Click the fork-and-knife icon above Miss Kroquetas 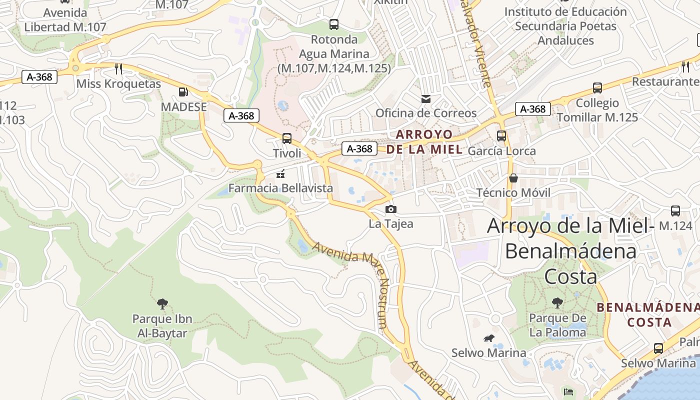click(x=118, y=68)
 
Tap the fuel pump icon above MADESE click(x=183, y=92)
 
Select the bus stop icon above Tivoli click(x=286, y=138)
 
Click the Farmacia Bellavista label click(x=280, y=188)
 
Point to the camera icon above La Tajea click(x=390, y=209)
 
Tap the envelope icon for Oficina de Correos click(x=426, y=98)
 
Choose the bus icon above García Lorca click(x=501, y=136)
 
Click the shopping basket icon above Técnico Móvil click(x=513, y=178)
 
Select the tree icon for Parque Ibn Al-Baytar click(x=162, y=303)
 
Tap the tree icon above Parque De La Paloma click(x=557, y=302)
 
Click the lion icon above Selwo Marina click(x=488, y=338)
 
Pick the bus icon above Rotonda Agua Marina click(x=334, y=24)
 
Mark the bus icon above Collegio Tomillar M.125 click(x=597, y=88)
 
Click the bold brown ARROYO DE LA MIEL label click(x=424, y=142)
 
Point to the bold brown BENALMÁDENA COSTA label click(x=649, y=314)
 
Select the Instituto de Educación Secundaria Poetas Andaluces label click(x=565, y=26)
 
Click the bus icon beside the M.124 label click(x=675, y=211)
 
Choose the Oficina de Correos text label click(x=426, y=113)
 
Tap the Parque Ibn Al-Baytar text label click(x=162, y=326)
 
